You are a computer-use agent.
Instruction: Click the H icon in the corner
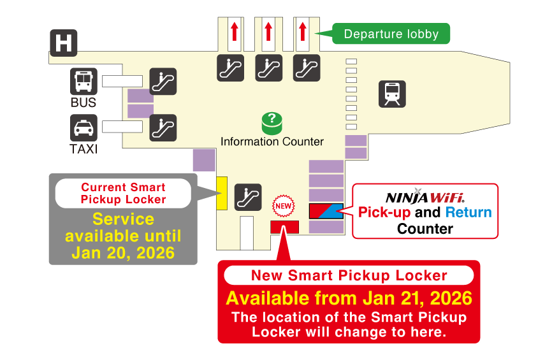pyautogui.click(x=64, y=43)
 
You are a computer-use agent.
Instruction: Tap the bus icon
pyautogui.click(x=83, y=82)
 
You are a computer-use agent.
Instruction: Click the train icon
pyautogui.click(x=392, y=94)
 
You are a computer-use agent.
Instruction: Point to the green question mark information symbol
pyautogui.click(x=272, y=122)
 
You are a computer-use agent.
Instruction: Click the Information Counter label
pyautogui.click(x=272, y=141)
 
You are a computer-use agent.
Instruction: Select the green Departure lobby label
pyautogui.click(x=391, y=34)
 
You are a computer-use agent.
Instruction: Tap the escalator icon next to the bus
pyautogui.click(x=163, y=82)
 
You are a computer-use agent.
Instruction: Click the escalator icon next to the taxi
pyautogui.click(x=163, y=128)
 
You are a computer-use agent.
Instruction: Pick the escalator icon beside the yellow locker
pyautogui.click(x=247, y=197)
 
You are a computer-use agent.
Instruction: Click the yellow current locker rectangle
pyautogui.click(x=222, y=193)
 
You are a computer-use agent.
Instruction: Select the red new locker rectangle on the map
pyautogui.click(x=284, y=226)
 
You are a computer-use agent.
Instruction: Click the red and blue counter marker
pyautogui.click(x=326, y=211)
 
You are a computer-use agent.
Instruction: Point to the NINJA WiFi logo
pyautogui.click(x=425, y=198)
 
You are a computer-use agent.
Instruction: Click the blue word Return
pyautogui.click(x=468, y=212)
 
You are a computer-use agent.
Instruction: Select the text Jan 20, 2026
pyautogui.click(x=123, y=252)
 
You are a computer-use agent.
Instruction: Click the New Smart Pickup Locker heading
pyautogui.click(x=349, y=275)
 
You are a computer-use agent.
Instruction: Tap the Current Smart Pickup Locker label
pyautogui.click(x=123, y=193)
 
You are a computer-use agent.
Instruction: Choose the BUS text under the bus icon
pyautogui.click(x=83, y=103)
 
